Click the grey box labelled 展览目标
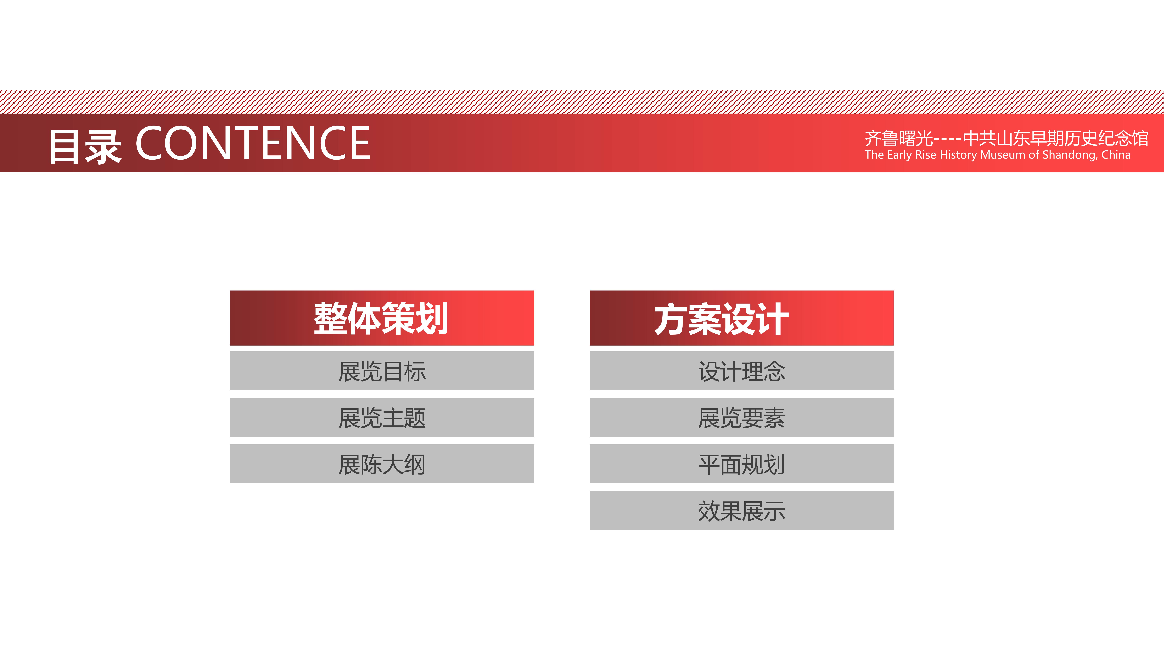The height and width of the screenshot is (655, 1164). pyautogui.click(x=382, y=371)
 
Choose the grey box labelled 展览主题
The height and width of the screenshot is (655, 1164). pyautogui.click(x=382, y=417)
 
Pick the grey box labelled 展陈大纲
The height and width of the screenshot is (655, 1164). pyautogui.click(x=382, y=464)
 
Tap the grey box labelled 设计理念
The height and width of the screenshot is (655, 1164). pyautogui.click(x=741, y=371)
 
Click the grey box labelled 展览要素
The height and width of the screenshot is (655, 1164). pyautogui.click(x=741, y=417)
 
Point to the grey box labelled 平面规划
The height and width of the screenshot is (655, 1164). pyautogui.click(x=741, y=464)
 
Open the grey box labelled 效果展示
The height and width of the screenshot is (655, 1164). pyautogui.click(x=741, y=510)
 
